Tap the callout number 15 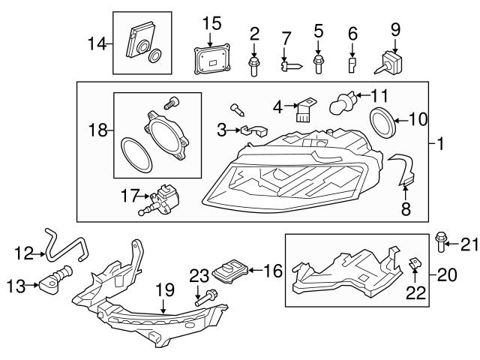[212, 22]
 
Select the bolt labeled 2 [255, 66]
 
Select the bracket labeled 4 [302, 111]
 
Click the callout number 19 [164, 288]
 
